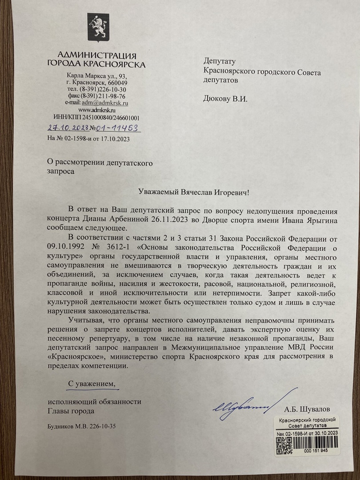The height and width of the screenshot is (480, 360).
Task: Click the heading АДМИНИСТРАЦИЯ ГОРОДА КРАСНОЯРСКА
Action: (x=96, y=60)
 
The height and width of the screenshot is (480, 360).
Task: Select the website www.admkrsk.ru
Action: (x=97, y=110)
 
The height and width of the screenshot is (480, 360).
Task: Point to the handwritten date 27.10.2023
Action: (x=68, y=128)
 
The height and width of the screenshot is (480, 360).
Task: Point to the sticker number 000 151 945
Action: (x=316, y=450)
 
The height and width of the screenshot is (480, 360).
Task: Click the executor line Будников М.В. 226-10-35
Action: (x=81, y=426)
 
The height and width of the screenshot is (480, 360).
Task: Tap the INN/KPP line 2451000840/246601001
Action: (x=96, y=118)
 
